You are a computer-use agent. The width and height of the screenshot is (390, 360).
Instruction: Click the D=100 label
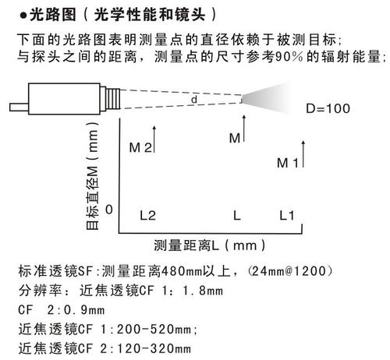pyautogui.click(x=328, y=108)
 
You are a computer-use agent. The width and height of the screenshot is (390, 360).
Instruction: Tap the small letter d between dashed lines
pyautogui.click(x=194, y=99)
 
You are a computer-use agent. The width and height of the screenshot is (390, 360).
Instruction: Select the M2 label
pyautogui.click(x=140, y=148)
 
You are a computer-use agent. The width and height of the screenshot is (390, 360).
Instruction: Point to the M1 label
pyautogui.click(x=288, y=163)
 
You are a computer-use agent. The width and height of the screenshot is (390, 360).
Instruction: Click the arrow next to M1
pyautogui.click(x=303, y=154)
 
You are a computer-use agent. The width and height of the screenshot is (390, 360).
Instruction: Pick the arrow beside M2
pyautogui.click(x=154, y=139)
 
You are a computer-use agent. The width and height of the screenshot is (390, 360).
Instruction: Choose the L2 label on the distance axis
pyautogui.click(x=147, y=216)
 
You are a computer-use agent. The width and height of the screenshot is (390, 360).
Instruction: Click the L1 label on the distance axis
pyautogui.click(x=286, y=216)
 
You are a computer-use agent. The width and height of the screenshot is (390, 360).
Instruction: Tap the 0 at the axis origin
pyautogui.click(x=109, y=210)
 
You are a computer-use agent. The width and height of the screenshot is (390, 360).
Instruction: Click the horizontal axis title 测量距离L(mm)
pyautogui.click(x=210, y=245)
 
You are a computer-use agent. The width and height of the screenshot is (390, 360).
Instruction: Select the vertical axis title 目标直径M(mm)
pyautogui.click(x=93, y=176)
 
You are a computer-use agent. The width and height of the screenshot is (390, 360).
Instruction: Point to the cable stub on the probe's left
pyautogui.click(x=19, y=108)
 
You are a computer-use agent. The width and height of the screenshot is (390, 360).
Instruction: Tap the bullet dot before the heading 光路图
pyautogui.click(x=23, y=16)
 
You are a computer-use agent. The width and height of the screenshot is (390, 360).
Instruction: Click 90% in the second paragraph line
pyautogui.click(x=289, y=56)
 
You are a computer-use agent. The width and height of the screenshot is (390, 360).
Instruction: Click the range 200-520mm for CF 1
pyautogui.click(x=154, y=330)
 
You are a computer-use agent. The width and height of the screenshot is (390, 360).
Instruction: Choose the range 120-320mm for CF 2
pyautogui.click(x=154, y=349)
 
